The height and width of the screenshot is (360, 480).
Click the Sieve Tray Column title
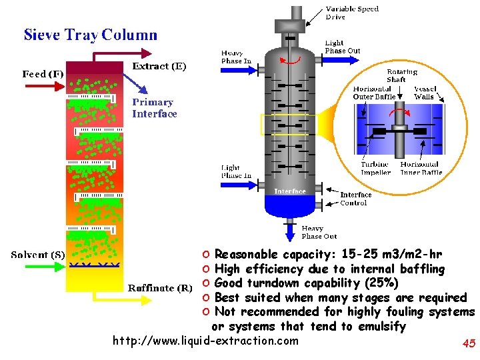[91, 35]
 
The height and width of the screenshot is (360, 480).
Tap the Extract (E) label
[159, 66]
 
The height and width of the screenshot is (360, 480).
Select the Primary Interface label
[154, 108]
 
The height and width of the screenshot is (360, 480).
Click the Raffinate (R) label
[160, 288]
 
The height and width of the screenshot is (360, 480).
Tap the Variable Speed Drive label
[352, 13]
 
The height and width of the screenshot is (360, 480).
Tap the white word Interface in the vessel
[290, 191]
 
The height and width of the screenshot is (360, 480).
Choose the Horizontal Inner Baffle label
[421, 168]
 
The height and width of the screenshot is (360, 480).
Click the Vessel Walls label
[425, 93]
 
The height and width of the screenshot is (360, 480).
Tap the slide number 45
[468, 344]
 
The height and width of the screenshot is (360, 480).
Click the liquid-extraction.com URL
[205, 341]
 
